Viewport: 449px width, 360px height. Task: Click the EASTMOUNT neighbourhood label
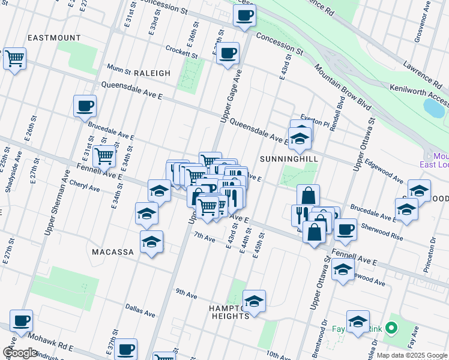pyautogui.click(x=54, y=38)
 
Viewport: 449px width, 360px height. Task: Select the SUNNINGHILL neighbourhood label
pyautogui.click(x=288, y=158)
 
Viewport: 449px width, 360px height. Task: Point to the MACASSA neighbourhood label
pyautogui.click(x=112, y=252)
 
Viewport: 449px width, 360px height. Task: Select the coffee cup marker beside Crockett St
pyautogui.click(x=228, y=53)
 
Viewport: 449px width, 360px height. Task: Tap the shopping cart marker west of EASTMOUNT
pyautogui.click(x=15, y=59)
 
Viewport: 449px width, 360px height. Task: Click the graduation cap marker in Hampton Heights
pyautogui.click(x=254, y=301)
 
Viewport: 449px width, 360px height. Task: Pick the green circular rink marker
pyautogui.click(x=391, y=328)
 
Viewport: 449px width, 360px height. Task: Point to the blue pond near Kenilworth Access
pyautogui.click(x=434, y=107)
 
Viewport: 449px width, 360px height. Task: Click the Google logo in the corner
pyautogui.click(x=19, y=353)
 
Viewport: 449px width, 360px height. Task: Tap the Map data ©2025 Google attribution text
pyautogui.click(x=411, y=355)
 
